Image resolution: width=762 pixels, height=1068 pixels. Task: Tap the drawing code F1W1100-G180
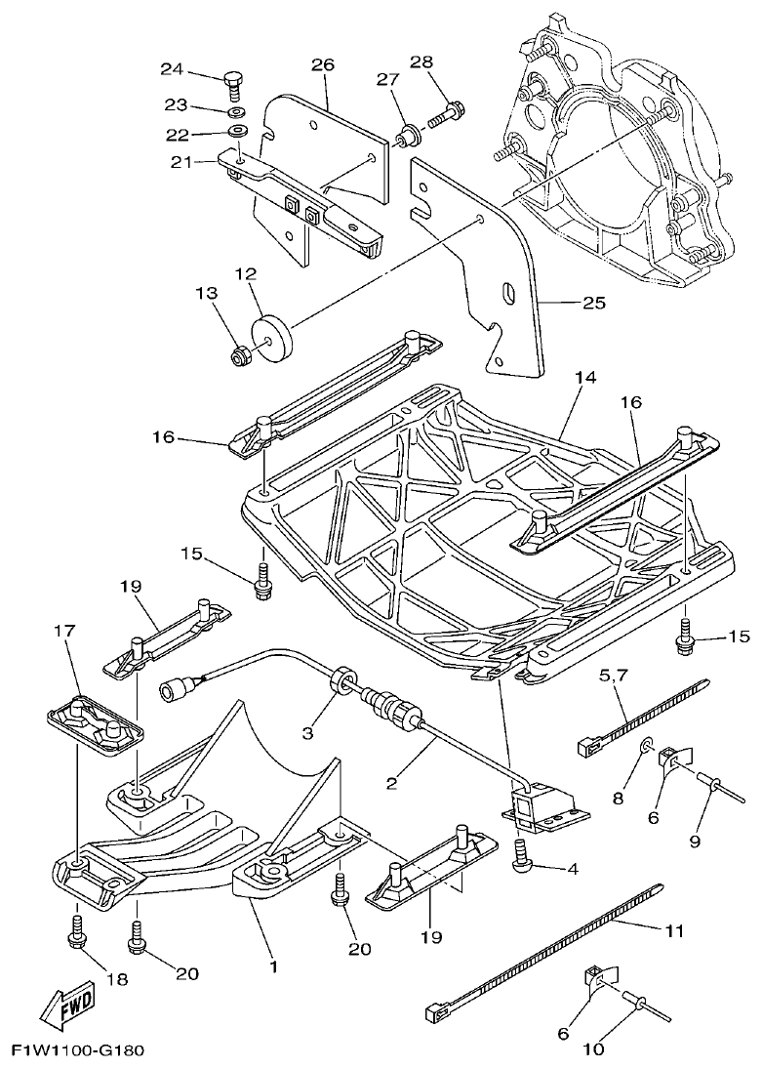click(x=78, y=1051)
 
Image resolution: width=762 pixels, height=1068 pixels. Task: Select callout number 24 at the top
click(x=172, y=68)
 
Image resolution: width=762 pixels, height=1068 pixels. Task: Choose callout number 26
click(x=323, y=65)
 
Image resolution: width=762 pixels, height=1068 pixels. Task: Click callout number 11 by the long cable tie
click(x=674, y=930)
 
